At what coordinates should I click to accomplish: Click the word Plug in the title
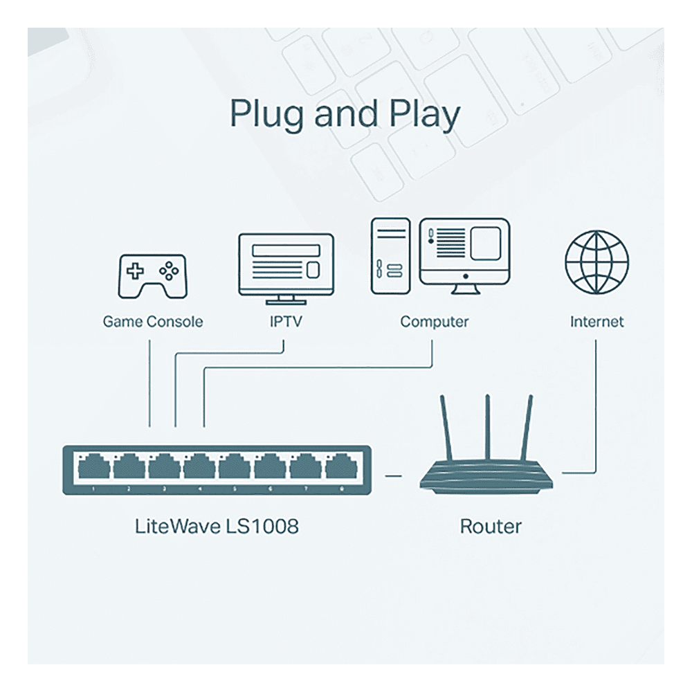tap(266, 115)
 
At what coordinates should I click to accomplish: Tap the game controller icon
tap(153, 276)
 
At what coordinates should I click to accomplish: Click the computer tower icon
tap(390, 256)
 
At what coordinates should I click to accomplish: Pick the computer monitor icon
tap(465, 256)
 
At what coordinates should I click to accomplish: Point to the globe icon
tap(597, 262)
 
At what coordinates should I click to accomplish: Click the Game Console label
tap(153, 321)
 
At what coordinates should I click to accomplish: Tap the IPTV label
tap(286, 321)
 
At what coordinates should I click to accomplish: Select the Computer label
tap(435, 322)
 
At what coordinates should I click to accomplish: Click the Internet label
tap(597, 321)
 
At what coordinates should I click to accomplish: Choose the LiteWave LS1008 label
tap(217, 526)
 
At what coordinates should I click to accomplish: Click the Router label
tap(491, 526)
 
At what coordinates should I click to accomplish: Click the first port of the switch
tap(93, 466)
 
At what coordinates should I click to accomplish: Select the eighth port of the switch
tap(341, 466)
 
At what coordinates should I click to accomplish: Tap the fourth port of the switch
tap(199, 466)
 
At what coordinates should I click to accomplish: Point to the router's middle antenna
tap(487, 428)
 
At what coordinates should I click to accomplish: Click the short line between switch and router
tap(393, 476)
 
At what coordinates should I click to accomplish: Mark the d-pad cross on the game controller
tap(135, 271)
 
